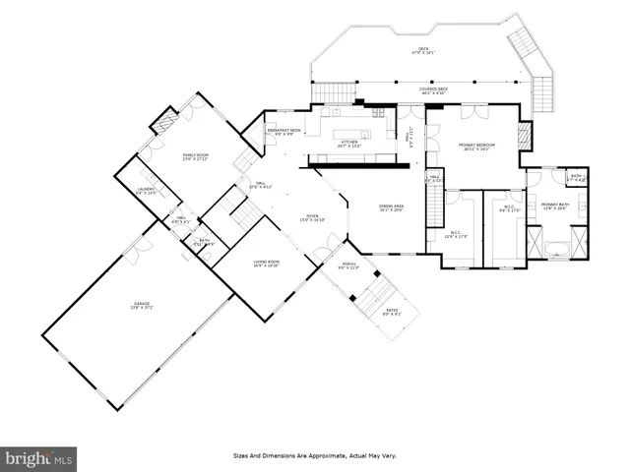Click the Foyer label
click(311, 218)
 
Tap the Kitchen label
click(351, 144)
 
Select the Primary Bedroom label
click(476, 146)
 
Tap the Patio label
click(391, 313)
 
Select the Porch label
click(348, 265)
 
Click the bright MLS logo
click(39, 457)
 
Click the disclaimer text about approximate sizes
click(315, 456)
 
